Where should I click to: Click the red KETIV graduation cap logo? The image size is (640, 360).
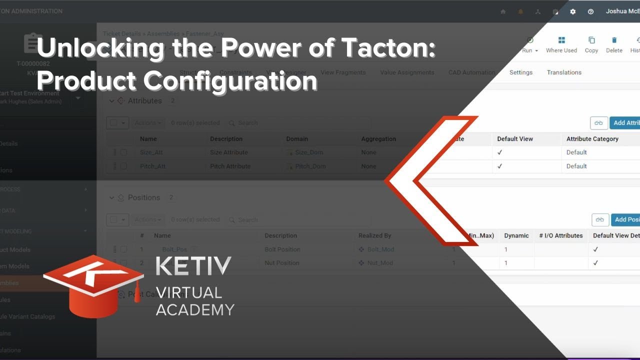coord(92,285)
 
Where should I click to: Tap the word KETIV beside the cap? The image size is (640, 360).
coord(193,266)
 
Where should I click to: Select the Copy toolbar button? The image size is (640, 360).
coord(591,44)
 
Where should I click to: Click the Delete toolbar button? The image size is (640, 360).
coord(614,44)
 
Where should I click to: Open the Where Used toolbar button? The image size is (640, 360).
coord(561,44)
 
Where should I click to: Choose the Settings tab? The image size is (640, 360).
coord(521,72)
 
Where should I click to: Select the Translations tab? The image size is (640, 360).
coord(564,72)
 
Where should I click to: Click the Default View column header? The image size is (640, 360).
coord(515,139)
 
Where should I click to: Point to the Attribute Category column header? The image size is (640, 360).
coord(592,139)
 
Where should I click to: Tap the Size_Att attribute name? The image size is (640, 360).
coord(152,152)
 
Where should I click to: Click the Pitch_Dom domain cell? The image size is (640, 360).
coord(310,166)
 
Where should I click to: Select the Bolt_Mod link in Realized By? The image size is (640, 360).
coord(380,249)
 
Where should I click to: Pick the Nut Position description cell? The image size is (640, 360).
coord(282,263)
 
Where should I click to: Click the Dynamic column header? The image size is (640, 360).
coord(516,235)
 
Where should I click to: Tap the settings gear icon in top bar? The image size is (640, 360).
coord(573,11)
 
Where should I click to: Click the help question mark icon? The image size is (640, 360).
coord(590,11)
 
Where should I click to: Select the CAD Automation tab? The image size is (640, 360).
coord(471,72)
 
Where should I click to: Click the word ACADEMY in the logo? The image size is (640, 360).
coord(195,310)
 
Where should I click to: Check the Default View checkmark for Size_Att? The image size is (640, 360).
coord(499,152)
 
